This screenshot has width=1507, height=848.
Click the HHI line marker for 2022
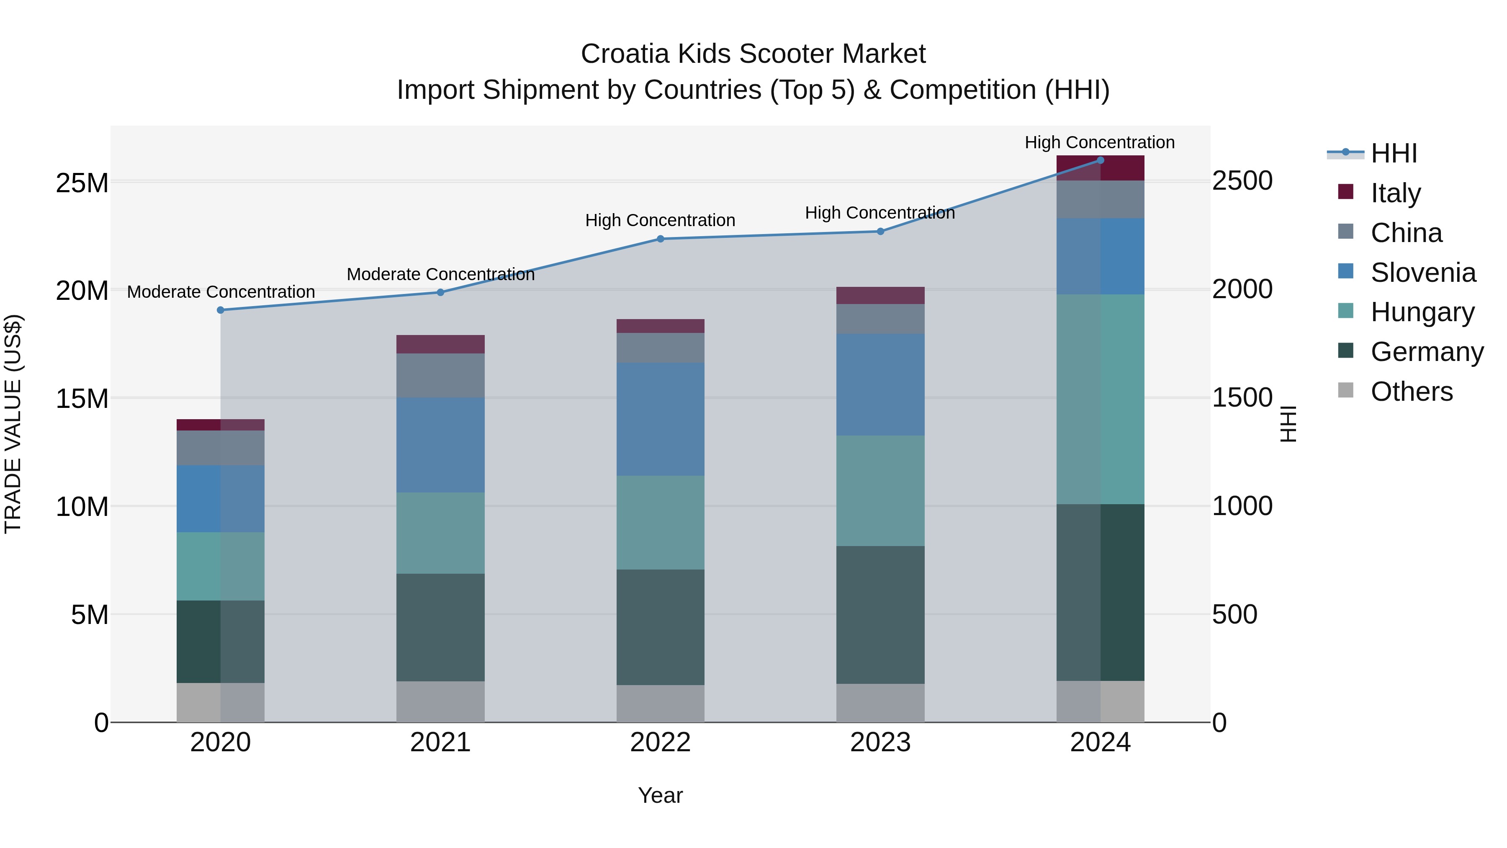pyautogui.click(x=661, y=239)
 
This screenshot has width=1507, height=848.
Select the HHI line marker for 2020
pyautogui.click(x=221, y=310)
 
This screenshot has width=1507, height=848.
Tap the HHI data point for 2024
pyautogui.click(x=1101, y=160)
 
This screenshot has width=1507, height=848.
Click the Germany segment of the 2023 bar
pyautogui.click(x=880, y=614)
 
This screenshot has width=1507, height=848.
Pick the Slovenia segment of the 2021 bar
pyautogui.click(x=440, y=445)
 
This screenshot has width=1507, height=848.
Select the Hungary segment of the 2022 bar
pyautogui.click(x=661, y=522)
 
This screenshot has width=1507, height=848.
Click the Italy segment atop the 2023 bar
pyautogui.click(x=880, y=296)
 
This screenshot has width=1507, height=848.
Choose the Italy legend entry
pyautogui.click(x=1395, y=193)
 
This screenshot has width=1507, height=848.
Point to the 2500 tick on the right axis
pyautogui.click(x=1242, y=181)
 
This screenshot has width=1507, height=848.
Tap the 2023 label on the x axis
pyautogui.click(x=880, y=742)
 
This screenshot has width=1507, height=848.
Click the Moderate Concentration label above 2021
pyautogui.click(x=440, y=274)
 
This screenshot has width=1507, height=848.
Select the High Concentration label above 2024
pyautogui.click(x=1099, y=142)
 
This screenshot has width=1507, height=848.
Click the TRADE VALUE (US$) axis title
pyautogui.click(x=13, y=424)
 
